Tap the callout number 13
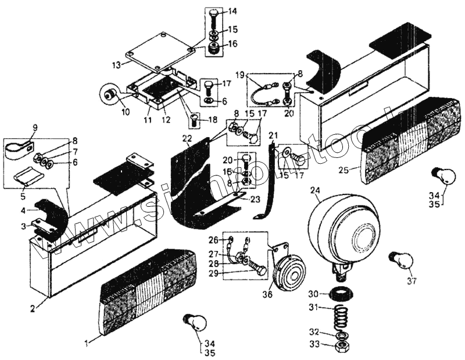[116, 64]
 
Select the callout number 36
[267, 294]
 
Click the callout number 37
[412, 282]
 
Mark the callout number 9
[34, 127]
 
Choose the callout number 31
[313, 308]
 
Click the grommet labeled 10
[109, 92]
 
